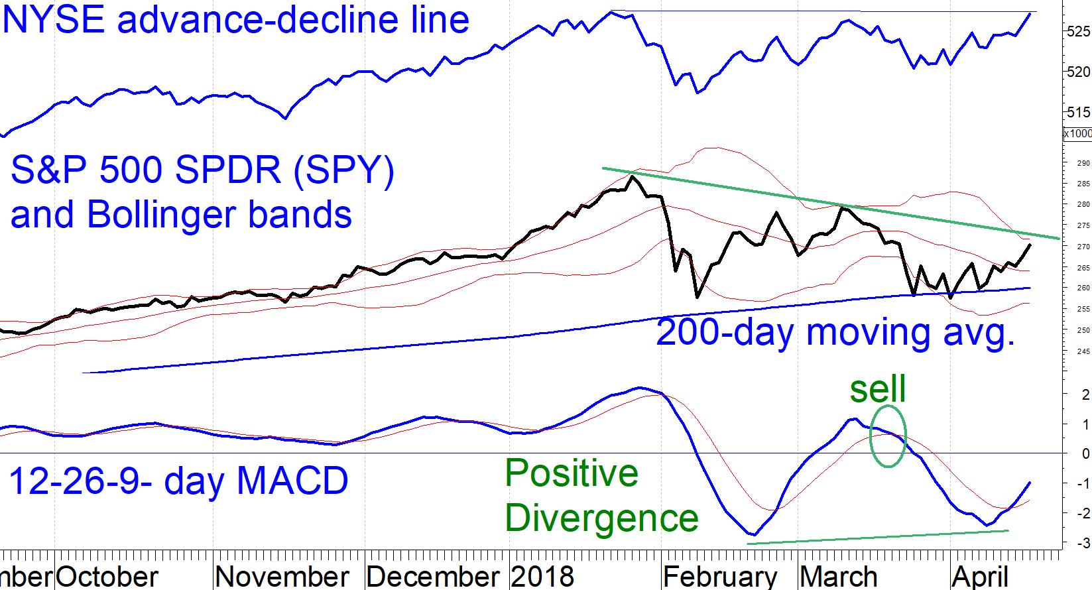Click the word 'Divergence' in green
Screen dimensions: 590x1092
pos(602,518)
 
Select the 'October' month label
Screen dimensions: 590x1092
pos(107,577)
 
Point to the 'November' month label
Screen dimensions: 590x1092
pos(282,577)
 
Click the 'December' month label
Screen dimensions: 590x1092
pos(433,577)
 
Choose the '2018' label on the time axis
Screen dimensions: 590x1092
pos(543,577)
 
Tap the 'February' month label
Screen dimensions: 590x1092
pos(721,577)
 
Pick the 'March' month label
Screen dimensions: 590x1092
pos(839,577)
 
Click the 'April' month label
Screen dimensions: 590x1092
pos(980,577)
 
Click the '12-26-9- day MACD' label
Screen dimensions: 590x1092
pos(178,481)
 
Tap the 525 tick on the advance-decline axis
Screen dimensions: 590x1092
pos(1078,31)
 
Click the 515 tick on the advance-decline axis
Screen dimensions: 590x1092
pos(1078,112)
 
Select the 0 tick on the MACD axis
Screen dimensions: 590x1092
pos(1085,454)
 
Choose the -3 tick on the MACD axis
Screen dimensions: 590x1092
pos(1082,544)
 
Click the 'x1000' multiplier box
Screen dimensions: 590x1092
pos(1077,134)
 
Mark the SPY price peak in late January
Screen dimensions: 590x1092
pos(633,176)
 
